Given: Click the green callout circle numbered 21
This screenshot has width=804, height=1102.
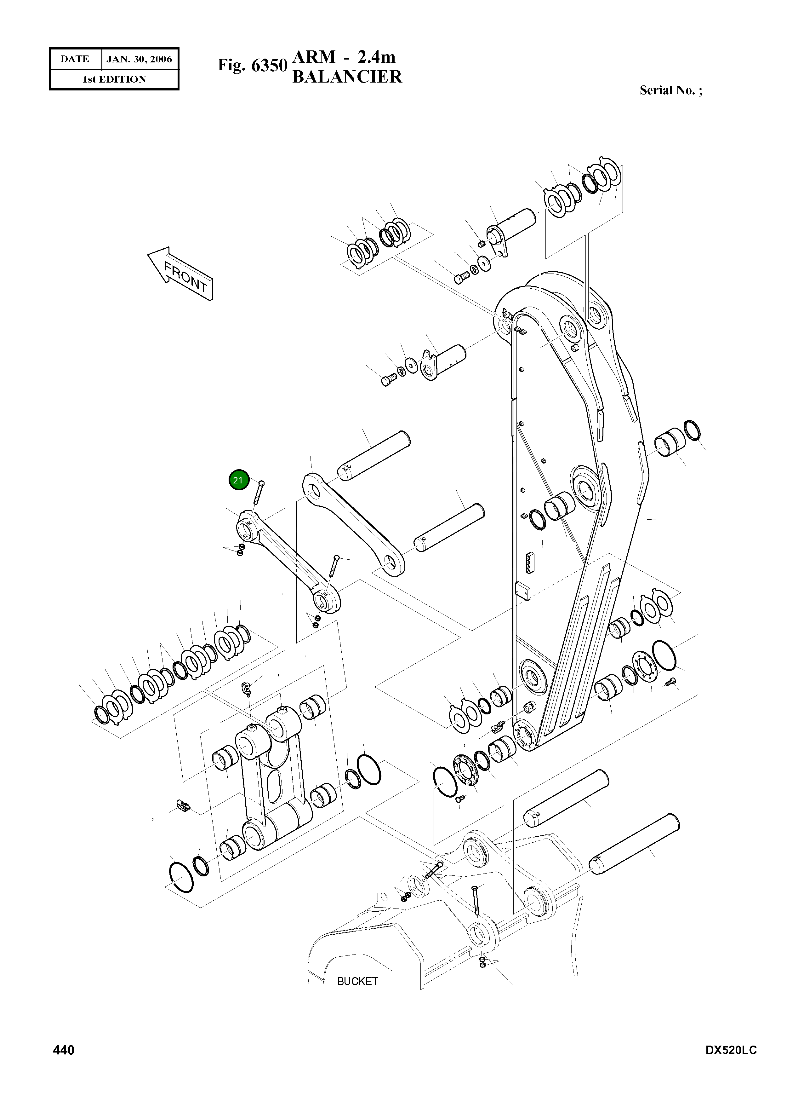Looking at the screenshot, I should (238, 481).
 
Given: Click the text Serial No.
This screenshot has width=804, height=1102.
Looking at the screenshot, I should (667, 90).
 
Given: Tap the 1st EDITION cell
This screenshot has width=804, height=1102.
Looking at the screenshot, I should (114, 79).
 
